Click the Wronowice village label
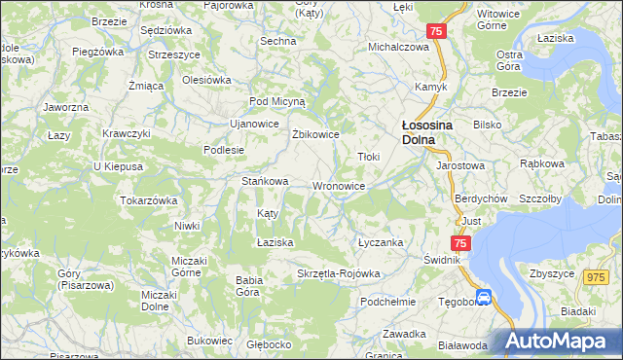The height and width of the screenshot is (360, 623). tap(339, 186)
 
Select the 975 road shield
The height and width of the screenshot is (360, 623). tap(596, 277)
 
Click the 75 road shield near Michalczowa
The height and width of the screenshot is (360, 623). tap(437, 32)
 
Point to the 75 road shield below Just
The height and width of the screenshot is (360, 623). tap(460, 242)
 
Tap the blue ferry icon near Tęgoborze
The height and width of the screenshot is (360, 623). tap(483, 297)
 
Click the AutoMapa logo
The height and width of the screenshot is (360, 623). tap(560, 341)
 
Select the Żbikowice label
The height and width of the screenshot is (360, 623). tap(315, 134)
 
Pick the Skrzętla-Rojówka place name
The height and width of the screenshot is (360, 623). tap(338, 273)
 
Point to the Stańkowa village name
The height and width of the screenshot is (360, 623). tap(265, 181)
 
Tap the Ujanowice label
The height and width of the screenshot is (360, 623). tap(253, 124)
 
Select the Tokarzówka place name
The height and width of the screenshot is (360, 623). tap(148, 200)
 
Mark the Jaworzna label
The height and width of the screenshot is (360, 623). tap(66, 106)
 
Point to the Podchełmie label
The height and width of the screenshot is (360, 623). tap(387, 302)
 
